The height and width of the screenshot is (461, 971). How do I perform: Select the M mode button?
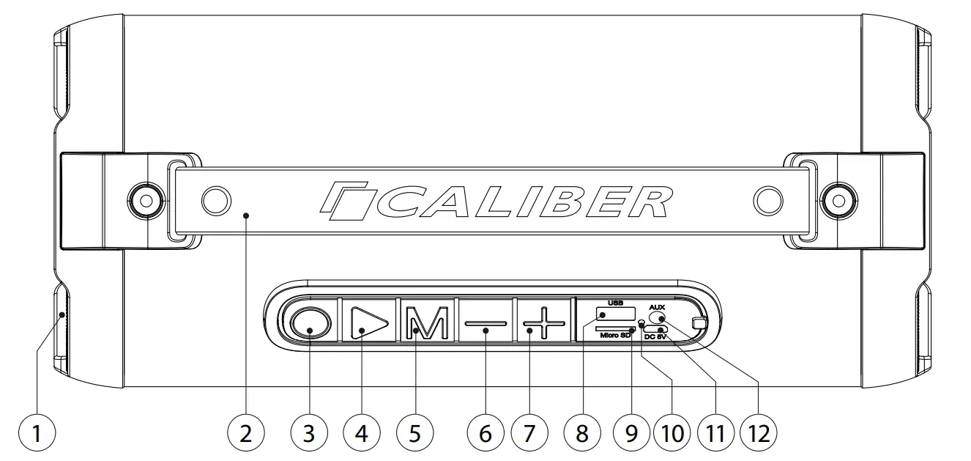(425, 322)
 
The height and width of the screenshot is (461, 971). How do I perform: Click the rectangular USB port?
(614, 314)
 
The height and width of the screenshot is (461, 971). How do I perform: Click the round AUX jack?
(657, 318)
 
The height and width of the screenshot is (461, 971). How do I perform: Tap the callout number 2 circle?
(245, 433)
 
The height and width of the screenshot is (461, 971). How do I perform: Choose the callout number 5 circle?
(414, 433)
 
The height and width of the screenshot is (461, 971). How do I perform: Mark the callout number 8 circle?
(582, 433)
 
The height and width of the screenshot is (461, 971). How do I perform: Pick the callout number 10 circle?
(671, 433)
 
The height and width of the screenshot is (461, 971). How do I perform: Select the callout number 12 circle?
(759, 433)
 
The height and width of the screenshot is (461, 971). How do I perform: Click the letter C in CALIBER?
(398, 202)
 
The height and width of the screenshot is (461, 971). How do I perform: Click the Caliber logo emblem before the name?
(346, 202)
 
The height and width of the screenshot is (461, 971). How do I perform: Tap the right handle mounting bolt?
(836, 198)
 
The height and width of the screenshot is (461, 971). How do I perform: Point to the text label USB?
(614, 303)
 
